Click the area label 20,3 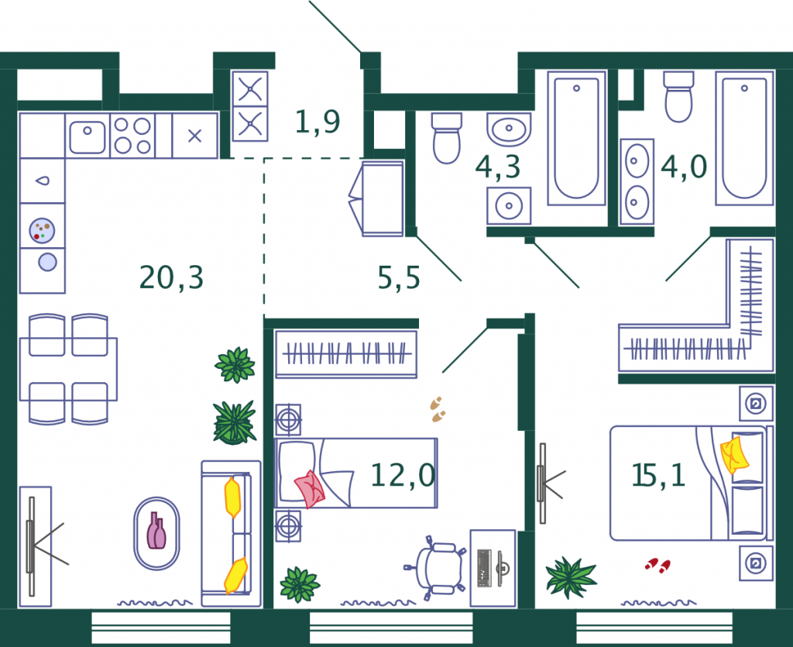click(x=171, y=277)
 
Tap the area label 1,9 click(x=318, y=122)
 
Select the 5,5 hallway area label click(x=399, y=277)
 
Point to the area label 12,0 click(x=403, y=476)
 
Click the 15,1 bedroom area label click(x=658, y=475)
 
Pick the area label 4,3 click(x=498, y=167)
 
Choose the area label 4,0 click(x=684, y=166)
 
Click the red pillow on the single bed click(x=310, y=489)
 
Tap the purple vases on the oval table click(x=156, y=531)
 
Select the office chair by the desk click(x=435, y=568)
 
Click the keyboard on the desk click(x=484, y=568)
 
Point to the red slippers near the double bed click(x=657, y=565)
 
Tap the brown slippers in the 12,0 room click(x=438, y=410)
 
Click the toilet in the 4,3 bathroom click(x=447, y=138)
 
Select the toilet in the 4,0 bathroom click(x=678, y=97)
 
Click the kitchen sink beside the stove click(x=88, y=136)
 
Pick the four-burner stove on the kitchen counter click(x=132, y=136)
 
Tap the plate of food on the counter click(x=42, y=230)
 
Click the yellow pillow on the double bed click(x=734, y=455)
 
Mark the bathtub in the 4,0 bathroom click(x=744, y=138)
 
